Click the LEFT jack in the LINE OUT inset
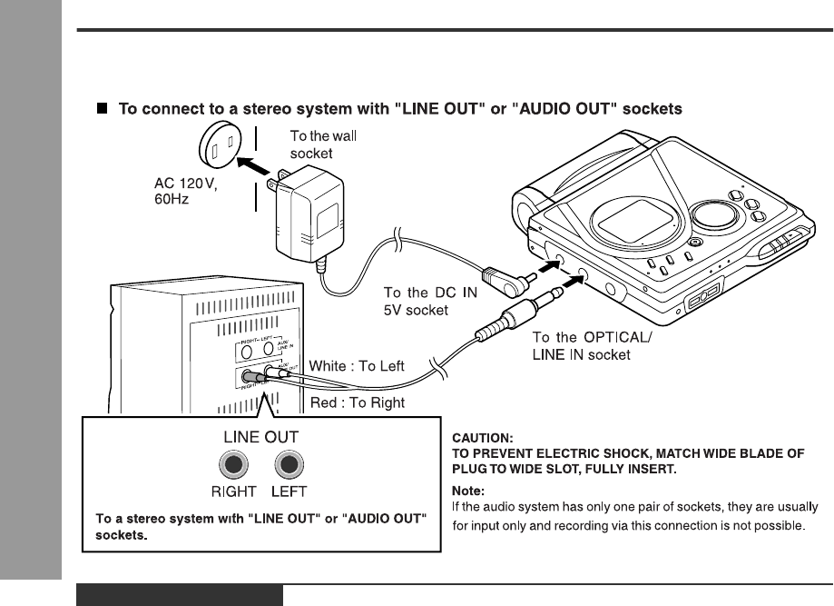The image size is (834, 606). coord(289,465)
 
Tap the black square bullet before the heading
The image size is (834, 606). coord(103,108)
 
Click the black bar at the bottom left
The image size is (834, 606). coord(180,596)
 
